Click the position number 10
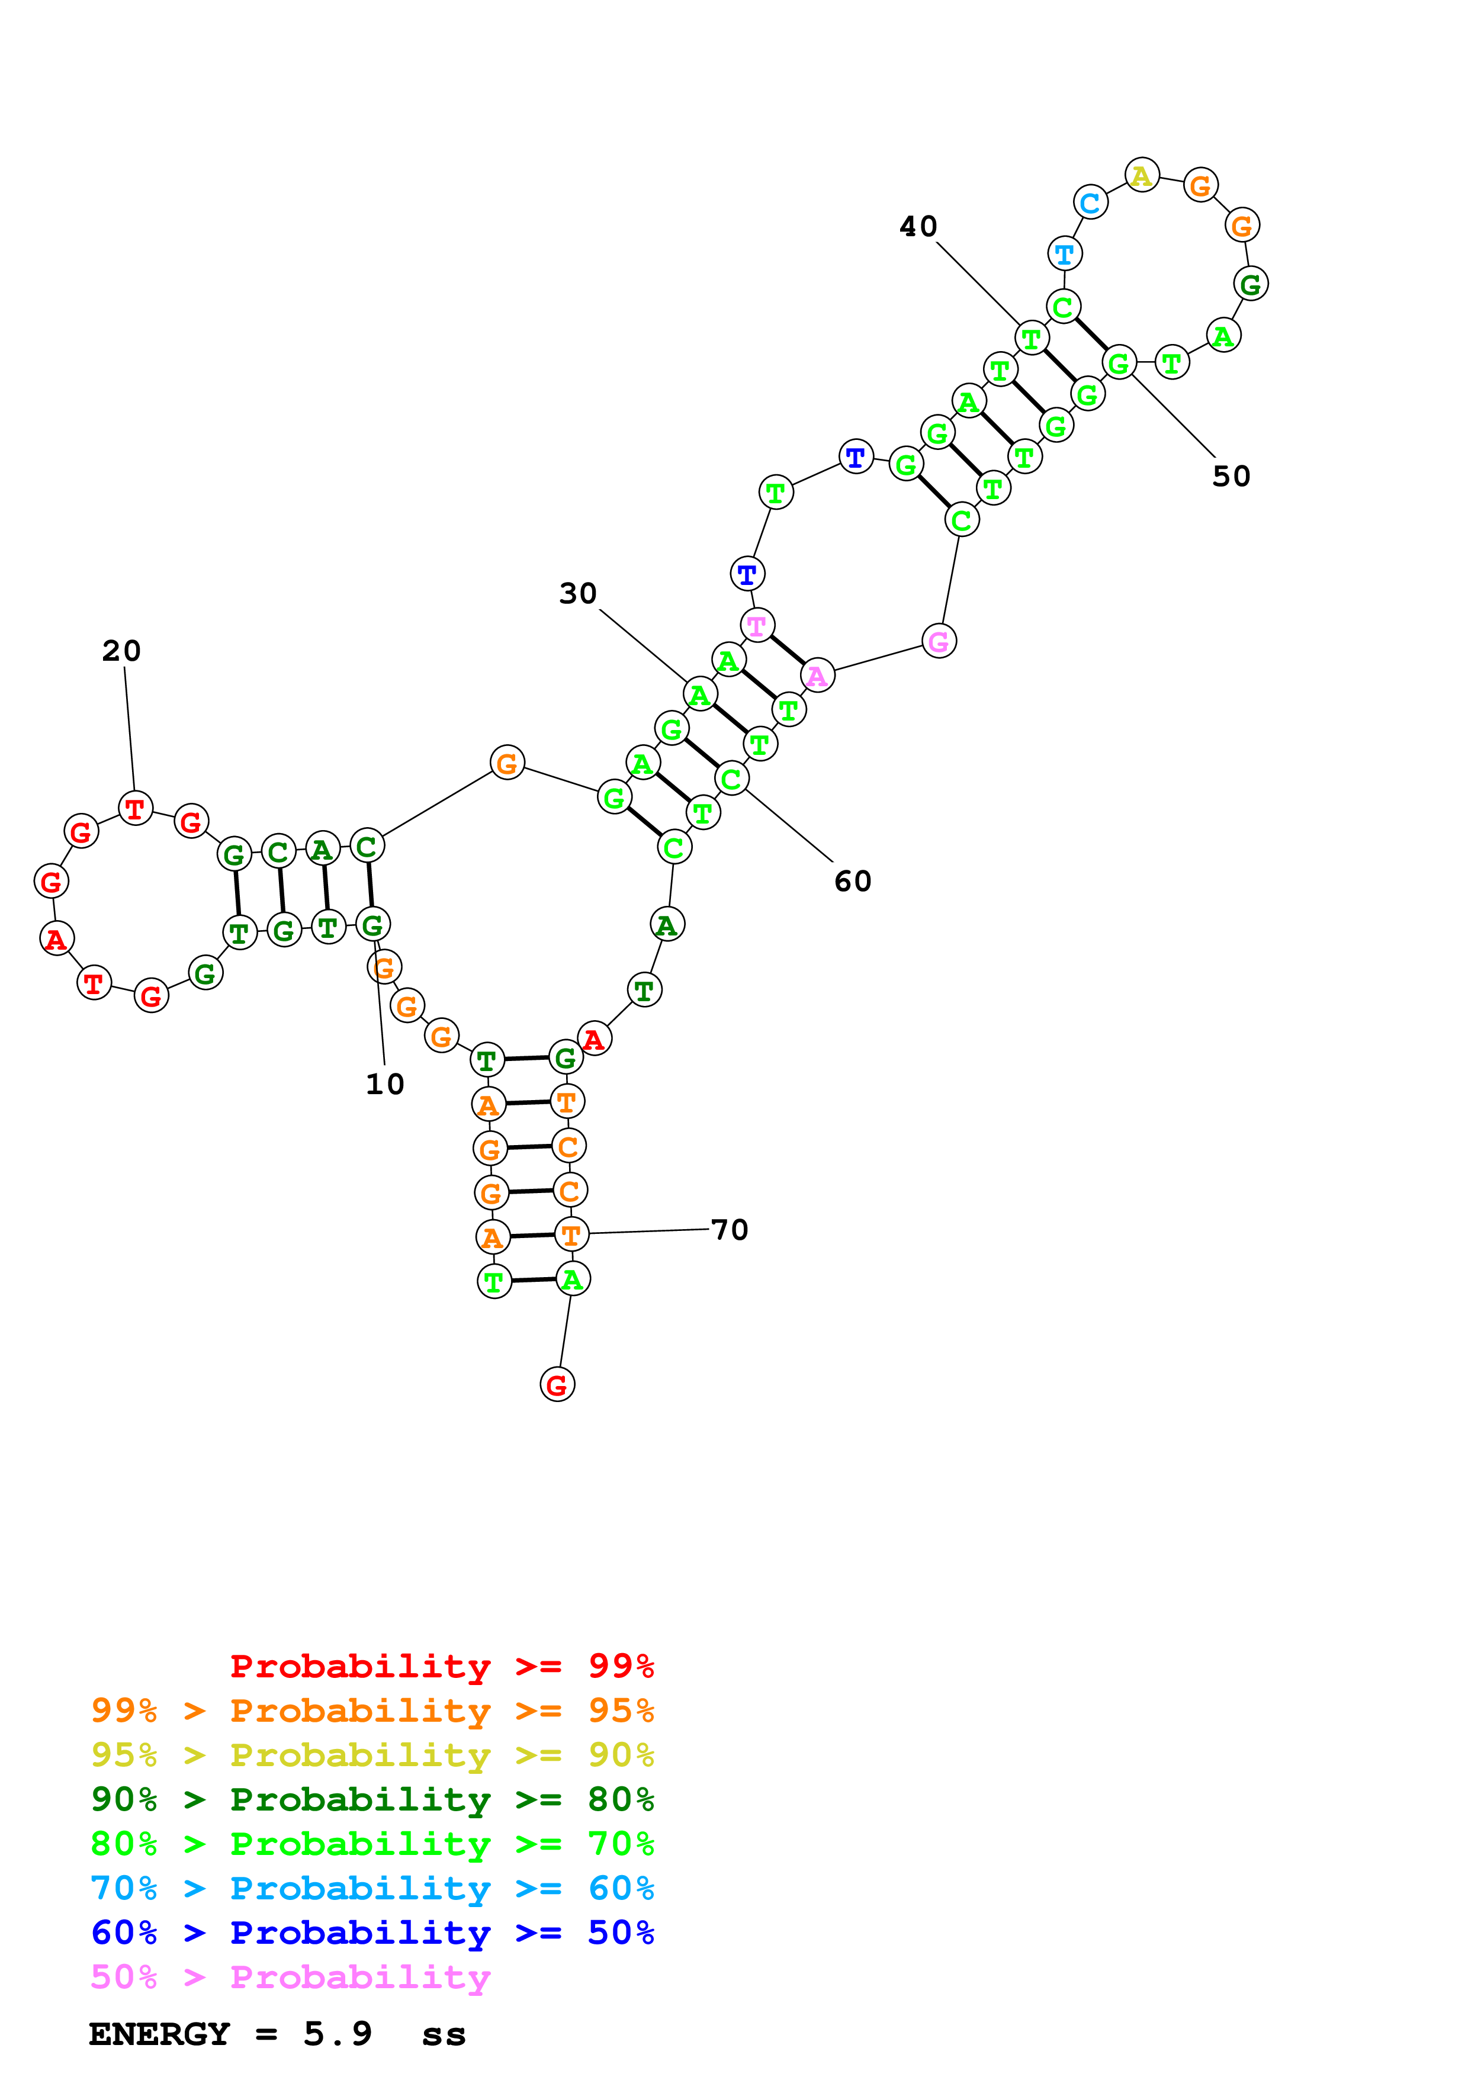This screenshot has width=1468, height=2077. coord(384,1083)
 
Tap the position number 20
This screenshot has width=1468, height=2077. coord(121,651)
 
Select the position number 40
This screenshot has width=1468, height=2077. coord(918,226)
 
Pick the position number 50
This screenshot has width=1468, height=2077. coord(1231,476)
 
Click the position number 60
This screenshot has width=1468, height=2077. coord(852,881)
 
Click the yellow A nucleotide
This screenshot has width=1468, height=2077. coord(1142,175)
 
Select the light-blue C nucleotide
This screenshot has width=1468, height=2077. coord(1091,202)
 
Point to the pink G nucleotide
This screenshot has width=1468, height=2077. coord(939,641)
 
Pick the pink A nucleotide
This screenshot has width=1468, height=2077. coord(817,675)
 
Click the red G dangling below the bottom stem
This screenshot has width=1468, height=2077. coord(557,1384)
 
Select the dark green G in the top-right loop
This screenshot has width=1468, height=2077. coord(1250,285)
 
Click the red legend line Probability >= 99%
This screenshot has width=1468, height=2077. coord(441,1666)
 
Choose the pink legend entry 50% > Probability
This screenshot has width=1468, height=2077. coord(290,1978)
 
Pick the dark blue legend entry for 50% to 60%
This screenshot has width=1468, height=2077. coord(372,1933)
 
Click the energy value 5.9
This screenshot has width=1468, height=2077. coord(338,2034)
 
